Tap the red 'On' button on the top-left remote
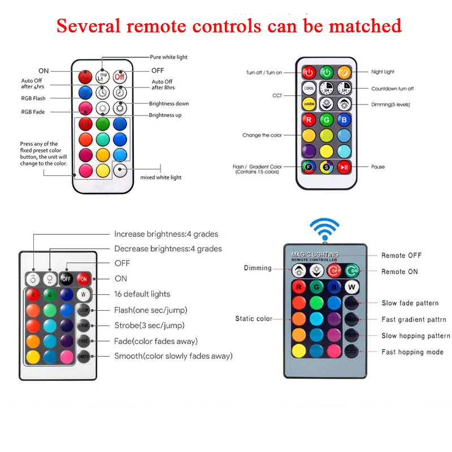(x=85, y=76)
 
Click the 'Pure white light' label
(x=168, y=57)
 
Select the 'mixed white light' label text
(x=160, y=177)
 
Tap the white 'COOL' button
(x=309, y=89)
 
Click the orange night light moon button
(x=344, y=72)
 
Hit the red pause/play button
(x=344, y=167)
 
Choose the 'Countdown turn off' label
(x=392, y=89)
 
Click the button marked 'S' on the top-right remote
(x=327, y=167)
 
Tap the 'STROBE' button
(x=84, y=325)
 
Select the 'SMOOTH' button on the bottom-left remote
(x=84, y=357)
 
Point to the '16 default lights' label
(x=142, y=294)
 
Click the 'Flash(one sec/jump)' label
(x=150, y=310)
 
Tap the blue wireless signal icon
(x=324, y=229)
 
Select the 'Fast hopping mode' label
(x=412, y=352)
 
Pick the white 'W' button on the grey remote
(x=352, y=286)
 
